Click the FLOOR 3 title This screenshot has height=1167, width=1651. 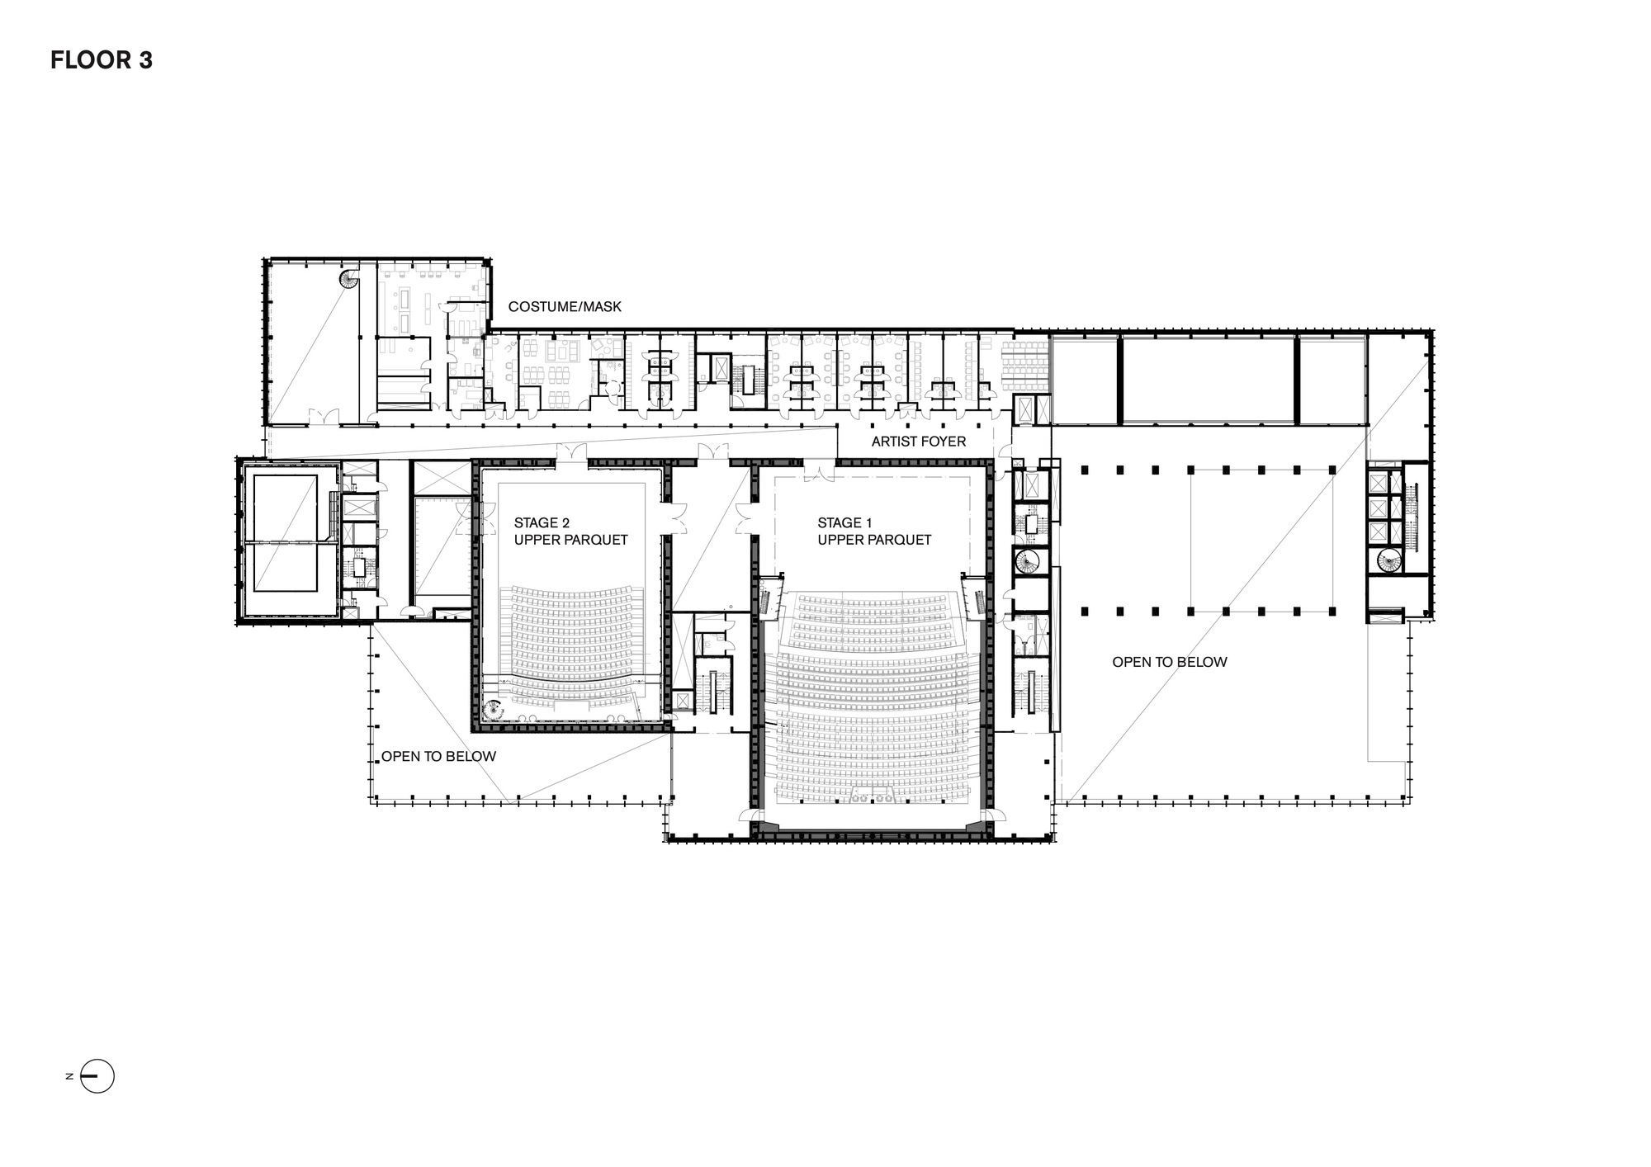click(x=102, y=60)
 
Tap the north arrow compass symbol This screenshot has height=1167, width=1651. click(x=97, y=1075)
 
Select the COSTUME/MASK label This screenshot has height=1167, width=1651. click(x=565, y=307)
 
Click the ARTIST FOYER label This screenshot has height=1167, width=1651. click(x=918, y=442)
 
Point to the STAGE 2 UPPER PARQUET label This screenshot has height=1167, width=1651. click(x=570, y=532)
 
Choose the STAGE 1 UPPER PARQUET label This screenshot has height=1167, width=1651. click(x=874, y=532)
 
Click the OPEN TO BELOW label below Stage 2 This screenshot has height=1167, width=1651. click(x=438, y=756)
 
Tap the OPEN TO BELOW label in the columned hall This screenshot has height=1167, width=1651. click(x=1169, y=662)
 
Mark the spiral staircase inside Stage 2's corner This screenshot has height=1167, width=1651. click(x=494, y=709)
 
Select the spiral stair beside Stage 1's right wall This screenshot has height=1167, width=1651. click(x=1029, y=563)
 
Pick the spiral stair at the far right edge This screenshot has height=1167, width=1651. click(x=1388, y=561)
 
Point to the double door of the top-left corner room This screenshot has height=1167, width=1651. click(x=323, y=417)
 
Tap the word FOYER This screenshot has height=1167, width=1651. click(x=944, y=442)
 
